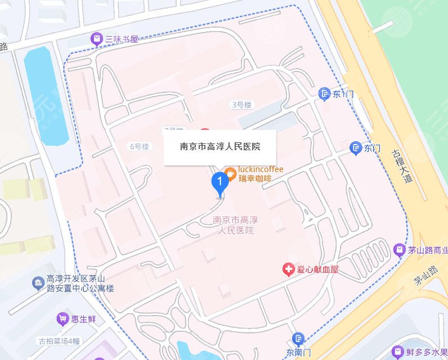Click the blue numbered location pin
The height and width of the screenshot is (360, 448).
click(219, 182)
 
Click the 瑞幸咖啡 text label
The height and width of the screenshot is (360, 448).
click(255, 179)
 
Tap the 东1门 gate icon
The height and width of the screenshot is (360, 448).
click(324, 94)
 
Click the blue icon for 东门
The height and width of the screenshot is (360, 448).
click(356, 148)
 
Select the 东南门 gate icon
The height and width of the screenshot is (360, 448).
click(298, 339)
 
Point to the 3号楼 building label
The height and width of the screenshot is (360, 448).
click(242, 105)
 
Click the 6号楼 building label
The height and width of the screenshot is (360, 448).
click(140, 146)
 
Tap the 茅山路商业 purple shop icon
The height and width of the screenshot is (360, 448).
click(399, 249)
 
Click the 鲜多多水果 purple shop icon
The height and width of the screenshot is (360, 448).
click(398, 353)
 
